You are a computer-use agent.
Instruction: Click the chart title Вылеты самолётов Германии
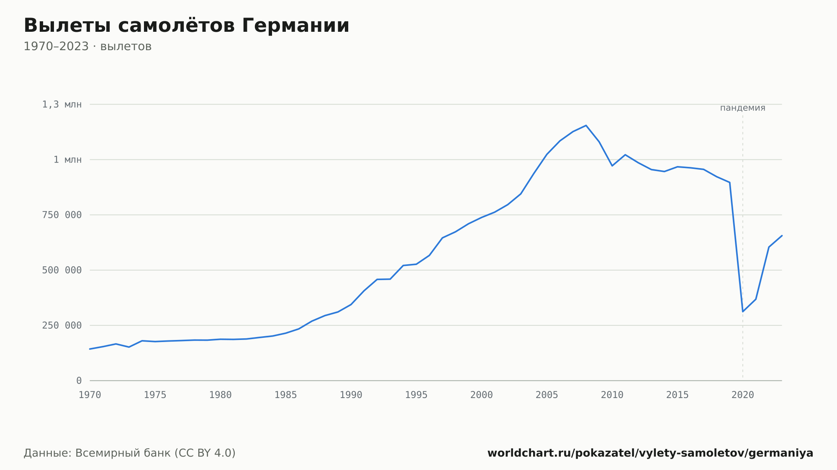(x=186, y=26)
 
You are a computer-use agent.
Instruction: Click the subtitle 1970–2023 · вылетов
(x=87, y=46)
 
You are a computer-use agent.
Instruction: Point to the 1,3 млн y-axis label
(x=62, y=105)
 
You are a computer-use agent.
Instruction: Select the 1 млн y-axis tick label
(x=68, y=160)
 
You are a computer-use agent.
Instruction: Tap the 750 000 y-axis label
(x=62, y=215)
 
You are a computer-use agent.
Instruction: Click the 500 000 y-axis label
(x=62, y=270)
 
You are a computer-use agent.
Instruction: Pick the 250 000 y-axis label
(x=62, y=325)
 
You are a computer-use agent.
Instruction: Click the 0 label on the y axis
(x=79, y=381)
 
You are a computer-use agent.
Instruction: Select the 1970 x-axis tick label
(x=90, y=395)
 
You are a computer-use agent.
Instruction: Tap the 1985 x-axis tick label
(x=286, y=395)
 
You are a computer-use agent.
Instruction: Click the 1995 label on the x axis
(x=416, y=395)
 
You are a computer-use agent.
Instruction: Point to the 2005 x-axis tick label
(x=547, y=395)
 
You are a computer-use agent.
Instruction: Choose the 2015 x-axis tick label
(x=678, y=395)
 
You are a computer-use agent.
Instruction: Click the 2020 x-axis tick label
(x=743, y=395)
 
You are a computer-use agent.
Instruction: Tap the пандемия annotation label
(x=743, y=108)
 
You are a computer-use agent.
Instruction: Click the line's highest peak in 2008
(x=586, y=125)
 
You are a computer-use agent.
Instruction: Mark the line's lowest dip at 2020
(x=743, y=312)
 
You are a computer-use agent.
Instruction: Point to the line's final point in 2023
(x=782, y=236)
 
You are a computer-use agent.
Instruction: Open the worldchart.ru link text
(x=650, y=453)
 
